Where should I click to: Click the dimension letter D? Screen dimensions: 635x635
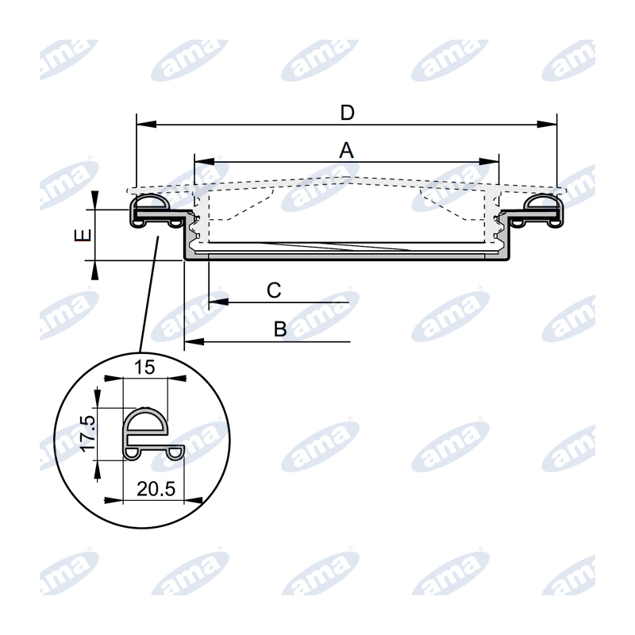point(347,113)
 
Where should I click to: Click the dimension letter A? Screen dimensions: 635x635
point(346,150)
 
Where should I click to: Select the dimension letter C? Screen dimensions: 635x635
point(274,291)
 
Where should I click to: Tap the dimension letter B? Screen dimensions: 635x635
point(280,329)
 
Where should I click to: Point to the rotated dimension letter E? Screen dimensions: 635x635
point(83,235)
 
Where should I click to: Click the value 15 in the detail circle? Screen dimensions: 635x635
point(144,368)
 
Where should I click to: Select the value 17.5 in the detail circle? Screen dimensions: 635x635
point(87,433)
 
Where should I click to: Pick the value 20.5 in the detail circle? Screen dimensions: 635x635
point(156,489)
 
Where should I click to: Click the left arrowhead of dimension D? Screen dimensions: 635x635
point(147,124)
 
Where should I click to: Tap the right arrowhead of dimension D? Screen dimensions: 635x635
point(547,124)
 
